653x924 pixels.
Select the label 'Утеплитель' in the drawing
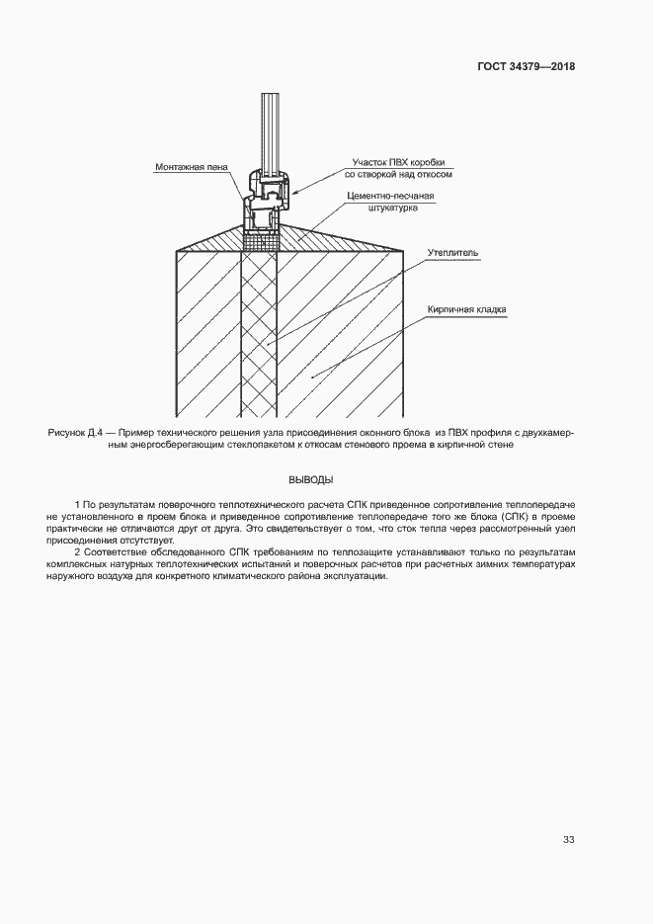[x=452, y=253]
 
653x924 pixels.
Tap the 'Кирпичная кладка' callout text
[x=467, y=309]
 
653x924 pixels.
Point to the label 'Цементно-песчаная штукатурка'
[x=390, y=203]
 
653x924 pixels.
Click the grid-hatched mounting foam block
[x=261, y=239]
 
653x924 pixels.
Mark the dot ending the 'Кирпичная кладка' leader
[x=312, y=377]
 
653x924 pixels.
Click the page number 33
[x=568, y=840]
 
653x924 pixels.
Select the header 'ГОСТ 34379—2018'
[x=527, y=67]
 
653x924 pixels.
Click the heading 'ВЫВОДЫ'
[x=310, y=480]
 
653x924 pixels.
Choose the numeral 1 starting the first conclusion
[x=77, y=506]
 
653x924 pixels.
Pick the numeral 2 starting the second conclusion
[x=77, y=550]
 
